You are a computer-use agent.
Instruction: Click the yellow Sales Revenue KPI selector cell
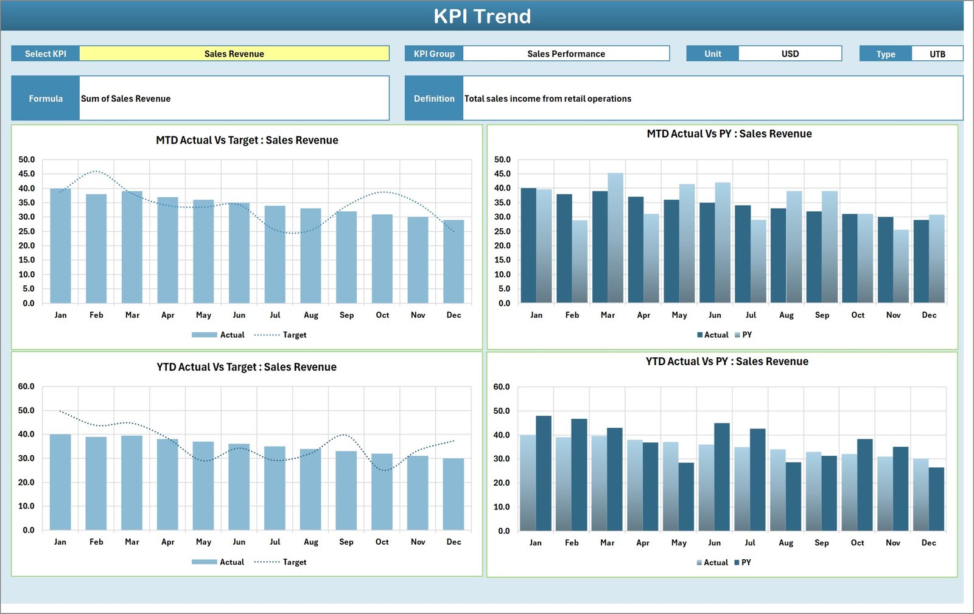click(x=234, y=54)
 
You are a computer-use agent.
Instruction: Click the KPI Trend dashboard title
click(x=482, y=16)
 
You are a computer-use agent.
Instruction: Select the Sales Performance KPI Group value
click(x=566, y=54)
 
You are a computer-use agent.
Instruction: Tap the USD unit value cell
click(x=790, y=54)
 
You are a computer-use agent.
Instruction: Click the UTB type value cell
click(x=937, y=54)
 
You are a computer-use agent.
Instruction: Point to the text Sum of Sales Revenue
click(x=126, y=99)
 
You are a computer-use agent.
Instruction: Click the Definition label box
click(x=434, y=99)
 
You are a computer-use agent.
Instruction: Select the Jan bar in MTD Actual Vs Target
click(x=60, y=246)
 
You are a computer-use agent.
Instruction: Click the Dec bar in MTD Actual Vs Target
click(x=454, y=262)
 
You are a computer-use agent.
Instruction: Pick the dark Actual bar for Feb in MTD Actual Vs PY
click(x=564, y=248)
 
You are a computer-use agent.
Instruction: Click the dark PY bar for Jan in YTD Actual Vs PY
click(x=544, y=473)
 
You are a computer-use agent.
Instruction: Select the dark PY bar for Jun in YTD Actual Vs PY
click(x=722, y=477)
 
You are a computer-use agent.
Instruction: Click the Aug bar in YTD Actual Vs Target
click(x=310, y=490)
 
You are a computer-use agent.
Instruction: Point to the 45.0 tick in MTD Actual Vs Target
click(x=27, y=174)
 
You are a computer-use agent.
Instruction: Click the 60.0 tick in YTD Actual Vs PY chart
click(x=502, y=387)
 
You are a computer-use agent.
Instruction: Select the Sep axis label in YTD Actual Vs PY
click(x=821, y=543)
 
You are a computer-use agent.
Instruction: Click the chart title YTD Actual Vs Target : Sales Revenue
click(x=247, y=367)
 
